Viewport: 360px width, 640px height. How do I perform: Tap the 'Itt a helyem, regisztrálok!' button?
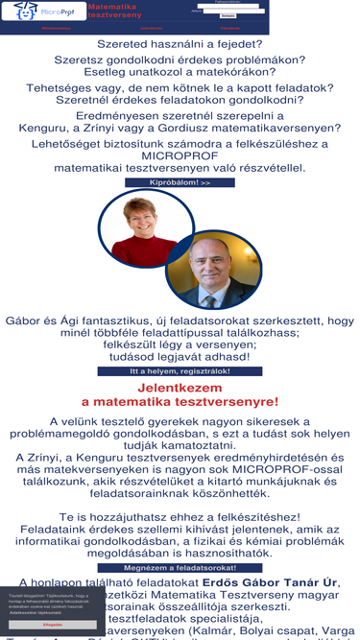(180, 371)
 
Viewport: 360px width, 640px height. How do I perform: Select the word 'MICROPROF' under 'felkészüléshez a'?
(180, 155)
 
